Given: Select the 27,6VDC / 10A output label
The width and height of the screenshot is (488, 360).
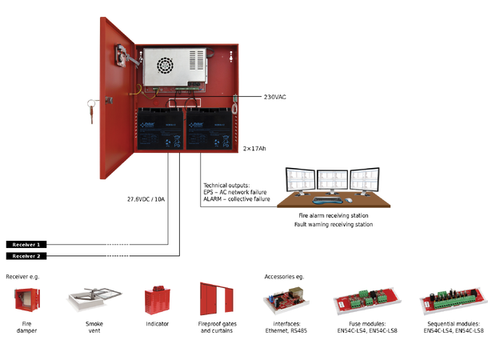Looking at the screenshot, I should point(146,198).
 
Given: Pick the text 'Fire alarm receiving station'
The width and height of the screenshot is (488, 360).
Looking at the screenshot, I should point(332,216).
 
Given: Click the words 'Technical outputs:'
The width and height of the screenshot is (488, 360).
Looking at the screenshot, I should point(227,184).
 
